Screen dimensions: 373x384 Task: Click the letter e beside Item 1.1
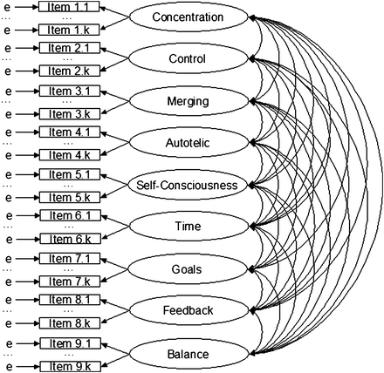point(7,7)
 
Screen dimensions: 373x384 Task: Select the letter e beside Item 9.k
point(7,363)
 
